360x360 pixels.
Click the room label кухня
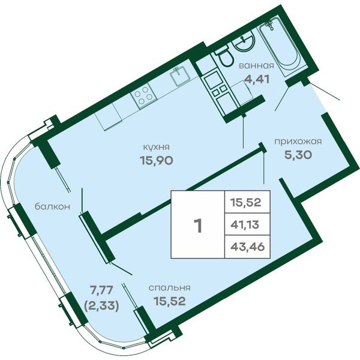(156, 147)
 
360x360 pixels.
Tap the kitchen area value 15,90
(156, 160)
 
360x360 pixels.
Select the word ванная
(256, 65)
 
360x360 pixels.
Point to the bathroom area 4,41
(256, 79)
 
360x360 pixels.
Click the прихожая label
(298, 142)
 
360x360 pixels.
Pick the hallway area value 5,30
(298, 155)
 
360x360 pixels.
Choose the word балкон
(52, 206)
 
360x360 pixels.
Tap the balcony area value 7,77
(101, 290)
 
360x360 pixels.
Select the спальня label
(169, 287)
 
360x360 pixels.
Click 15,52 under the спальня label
(169, 301)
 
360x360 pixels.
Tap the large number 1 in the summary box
(197, 226)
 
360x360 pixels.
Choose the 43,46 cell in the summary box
(247, 247)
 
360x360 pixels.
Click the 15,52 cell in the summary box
(245, 202)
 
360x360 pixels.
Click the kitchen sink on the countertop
(180, 76)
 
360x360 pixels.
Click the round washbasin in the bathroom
(244, 42)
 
